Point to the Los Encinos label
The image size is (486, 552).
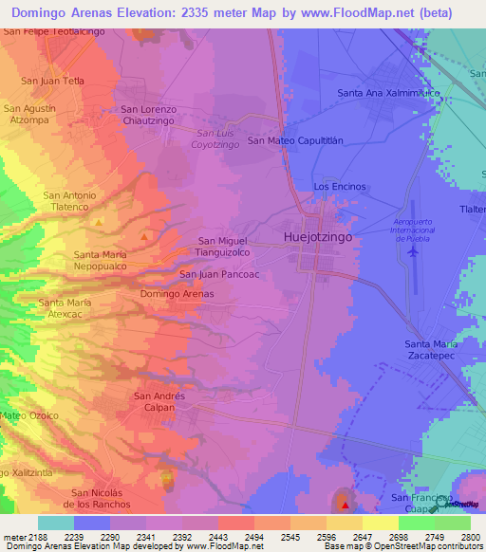click(340, 187)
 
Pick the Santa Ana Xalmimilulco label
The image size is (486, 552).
click(389, 93)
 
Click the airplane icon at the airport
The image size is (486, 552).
click(411, 251)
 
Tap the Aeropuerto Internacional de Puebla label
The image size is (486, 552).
click(413, 230)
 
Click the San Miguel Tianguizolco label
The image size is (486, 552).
click(223, 247)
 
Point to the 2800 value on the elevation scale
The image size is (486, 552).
click(470, 536)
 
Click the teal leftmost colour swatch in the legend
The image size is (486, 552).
click(56, 523)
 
